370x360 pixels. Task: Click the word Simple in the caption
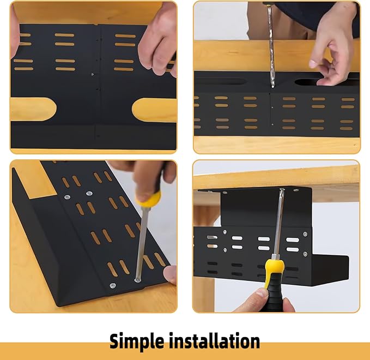[138, 341]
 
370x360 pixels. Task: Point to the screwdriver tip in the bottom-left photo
[137, 280]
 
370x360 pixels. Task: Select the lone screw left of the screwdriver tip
[113, 285]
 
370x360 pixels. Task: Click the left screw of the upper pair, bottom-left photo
[66, 197]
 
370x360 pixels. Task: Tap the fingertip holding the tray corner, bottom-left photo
[171, 274]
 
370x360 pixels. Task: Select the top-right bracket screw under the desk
[295, 191]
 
